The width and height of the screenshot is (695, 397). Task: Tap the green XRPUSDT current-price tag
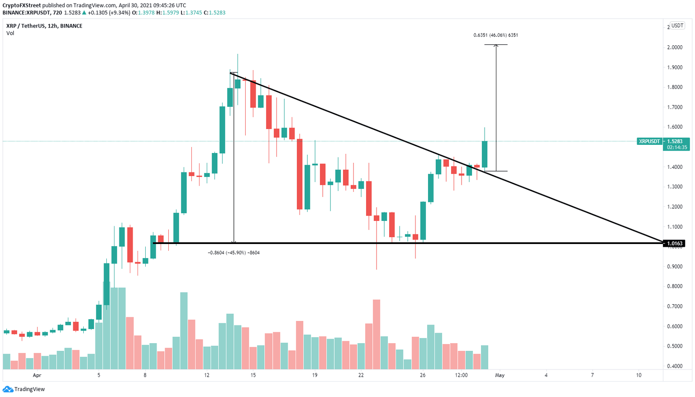tap(649, 141)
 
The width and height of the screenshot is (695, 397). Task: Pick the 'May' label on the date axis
tap(500, 375)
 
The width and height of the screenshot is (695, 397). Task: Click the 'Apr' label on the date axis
tap(37, 375)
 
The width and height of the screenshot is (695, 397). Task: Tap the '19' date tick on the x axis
tap(314, 375)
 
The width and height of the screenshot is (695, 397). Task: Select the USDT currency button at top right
tap(677, 26)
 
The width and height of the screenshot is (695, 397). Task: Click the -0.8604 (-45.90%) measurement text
tap(233, 253)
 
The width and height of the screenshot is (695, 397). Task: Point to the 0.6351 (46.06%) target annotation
tap(495, 35)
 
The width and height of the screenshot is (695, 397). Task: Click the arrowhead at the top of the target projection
tap(496, 46)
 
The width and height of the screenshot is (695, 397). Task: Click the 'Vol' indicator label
tap(10, 33)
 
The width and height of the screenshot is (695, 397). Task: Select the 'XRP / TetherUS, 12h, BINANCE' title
tap(44, 26)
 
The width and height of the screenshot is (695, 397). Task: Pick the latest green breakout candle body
tap(485, 154)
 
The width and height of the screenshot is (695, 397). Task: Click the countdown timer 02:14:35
tap(677, 148)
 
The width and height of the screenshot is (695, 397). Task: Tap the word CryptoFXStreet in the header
tap(22, 5)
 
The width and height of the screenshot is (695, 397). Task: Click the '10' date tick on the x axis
tap(638, 375)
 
